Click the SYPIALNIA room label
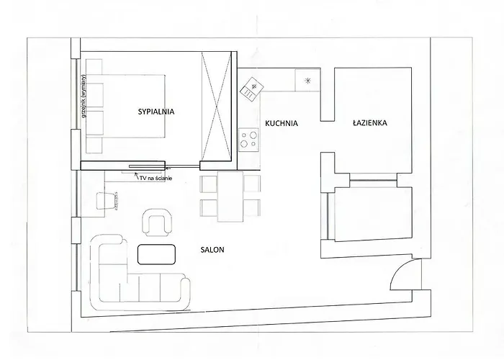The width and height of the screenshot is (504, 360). click(x=156, y=112)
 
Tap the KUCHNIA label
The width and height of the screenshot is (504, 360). click(x=282, y=123)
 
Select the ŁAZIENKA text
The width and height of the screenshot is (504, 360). click(x=369, y=122)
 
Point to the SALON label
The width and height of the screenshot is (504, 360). click(x=212, y=250)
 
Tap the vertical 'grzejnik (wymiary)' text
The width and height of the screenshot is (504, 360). click(x=84, y=96)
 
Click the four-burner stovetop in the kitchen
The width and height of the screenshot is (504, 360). click(x=249, y=139)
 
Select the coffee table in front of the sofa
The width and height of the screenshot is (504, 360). click(x=156, y=254)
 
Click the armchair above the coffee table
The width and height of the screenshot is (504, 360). click(x=157, y=222)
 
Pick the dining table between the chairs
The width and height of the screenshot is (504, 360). click(x=230, y=197)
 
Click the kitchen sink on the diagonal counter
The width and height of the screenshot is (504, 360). click(x=252, y=89)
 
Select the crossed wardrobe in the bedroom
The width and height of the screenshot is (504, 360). click(x=216, y=106)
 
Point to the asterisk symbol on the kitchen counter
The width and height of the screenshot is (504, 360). click(x=307, y=81)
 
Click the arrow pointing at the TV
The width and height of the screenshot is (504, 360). click(x=137, y=176)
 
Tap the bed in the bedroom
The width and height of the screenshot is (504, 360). click(x=126, y=106)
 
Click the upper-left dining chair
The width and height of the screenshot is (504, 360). click(x=209, y=184)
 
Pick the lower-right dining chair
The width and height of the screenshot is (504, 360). click(x=252, y=207)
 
